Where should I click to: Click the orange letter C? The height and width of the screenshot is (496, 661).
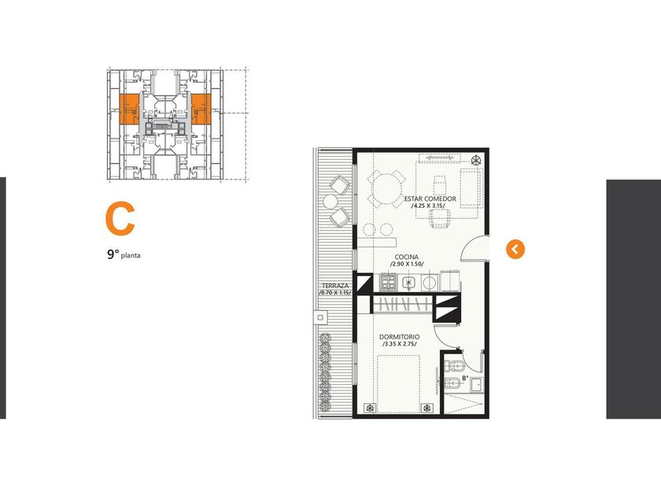[120, 219]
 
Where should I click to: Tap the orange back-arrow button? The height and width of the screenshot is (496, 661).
[515, 250]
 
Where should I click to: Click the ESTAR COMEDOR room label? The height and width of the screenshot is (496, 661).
[430, 198]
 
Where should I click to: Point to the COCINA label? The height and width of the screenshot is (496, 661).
[406, 257]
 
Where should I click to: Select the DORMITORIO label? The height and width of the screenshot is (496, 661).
[399, 337]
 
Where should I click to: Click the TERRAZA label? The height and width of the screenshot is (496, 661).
[335, 286]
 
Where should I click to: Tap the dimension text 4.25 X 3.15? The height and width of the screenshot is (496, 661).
[428, 205]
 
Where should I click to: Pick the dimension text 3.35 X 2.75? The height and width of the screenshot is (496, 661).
[399, 344]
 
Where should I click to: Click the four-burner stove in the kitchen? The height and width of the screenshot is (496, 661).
[389, 282]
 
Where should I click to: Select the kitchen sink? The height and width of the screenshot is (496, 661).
[408, 283]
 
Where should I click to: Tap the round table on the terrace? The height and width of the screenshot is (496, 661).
[330, 202]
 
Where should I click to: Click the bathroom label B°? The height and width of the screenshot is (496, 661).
[465, 379]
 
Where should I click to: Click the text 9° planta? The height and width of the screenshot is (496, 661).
[124, 255]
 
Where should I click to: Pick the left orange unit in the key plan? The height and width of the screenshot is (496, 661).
[129, 109]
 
